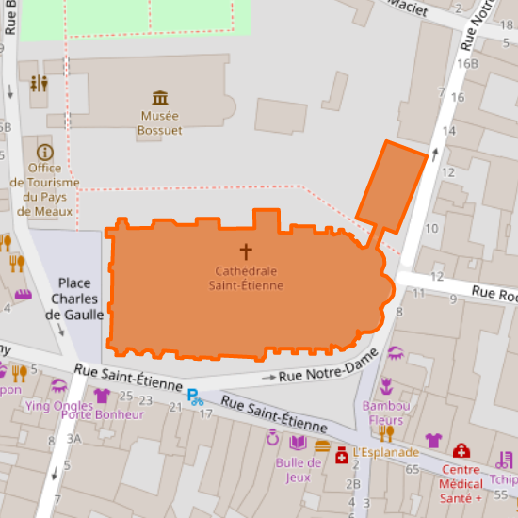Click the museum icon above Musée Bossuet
[160, 98]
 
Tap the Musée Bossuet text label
[160, 123]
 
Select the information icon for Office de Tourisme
[44, 152]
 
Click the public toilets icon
[39, 84]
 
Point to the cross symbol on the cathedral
[246, 251]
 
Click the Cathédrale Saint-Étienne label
[246, 278]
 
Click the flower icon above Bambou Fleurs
[385, 385]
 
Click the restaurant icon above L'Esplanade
[385, 432]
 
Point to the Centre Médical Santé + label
[461, 482]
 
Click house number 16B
[468, 64]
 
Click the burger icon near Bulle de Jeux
[322, 446]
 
